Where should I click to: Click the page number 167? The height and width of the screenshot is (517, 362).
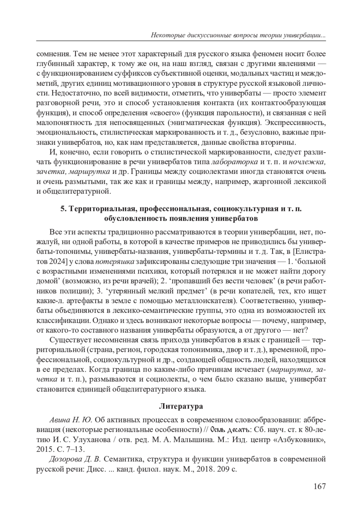pyautogui.click(x=319, y=486)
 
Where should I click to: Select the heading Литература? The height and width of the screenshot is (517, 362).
pyautogui.click(x=181, y=406)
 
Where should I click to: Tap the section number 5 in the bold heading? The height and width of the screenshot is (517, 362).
pyautogui.click(x=62, y=209)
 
